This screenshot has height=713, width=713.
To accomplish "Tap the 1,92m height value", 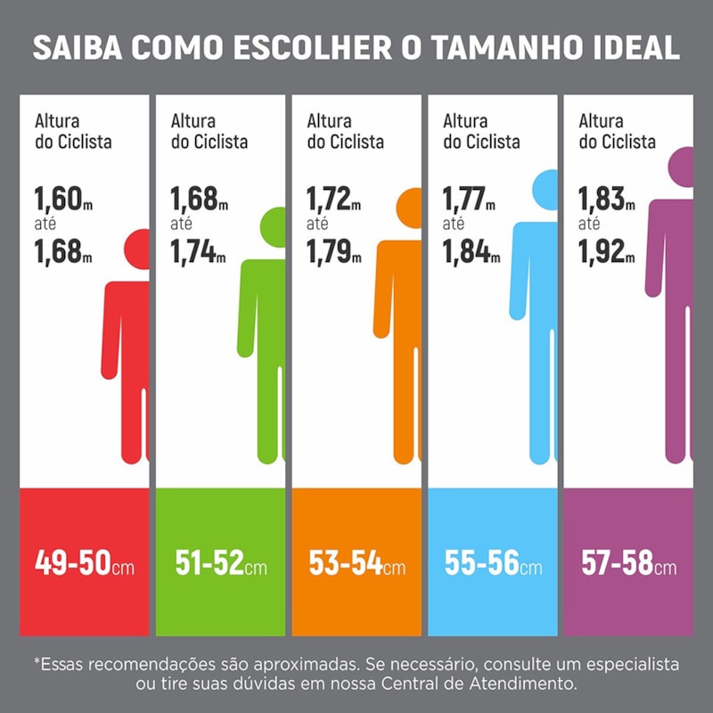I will coord(607,252).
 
